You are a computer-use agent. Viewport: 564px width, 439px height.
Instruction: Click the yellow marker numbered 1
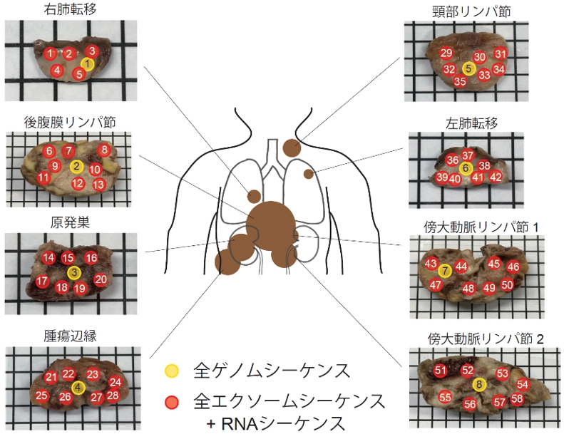click(x=86, y=63)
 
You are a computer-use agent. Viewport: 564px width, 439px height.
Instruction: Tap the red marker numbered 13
click(x=99, y=185)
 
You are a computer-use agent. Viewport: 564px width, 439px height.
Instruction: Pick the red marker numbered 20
click(x=101, y=279)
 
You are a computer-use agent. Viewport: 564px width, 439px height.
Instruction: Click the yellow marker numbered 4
click(x=78, y=387)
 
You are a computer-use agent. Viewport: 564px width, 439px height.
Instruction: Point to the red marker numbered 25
click(x=42, y=396)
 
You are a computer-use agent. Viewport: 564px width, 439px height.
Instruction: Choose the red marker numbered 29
click(x=446, y=53)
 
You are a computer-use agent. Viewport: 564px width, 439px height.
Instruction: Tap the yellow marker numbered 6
click(x=466, y=168)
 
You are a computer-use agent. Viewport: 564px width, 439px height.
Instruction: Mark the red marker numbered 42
click(x=496, y=177)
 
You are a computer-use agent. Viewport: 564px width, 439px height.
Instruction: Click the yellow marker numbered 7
click(x=445, y=270)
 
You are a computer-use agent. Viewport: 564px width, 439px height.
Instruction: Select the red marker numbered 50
click(x=507, y=285)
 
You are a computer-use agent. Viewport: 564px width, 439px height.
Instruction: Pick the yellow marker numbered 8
click(x=480, y=385)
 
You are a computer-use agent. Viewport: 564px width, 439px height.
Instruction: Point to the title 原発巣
click(x=59, y=222)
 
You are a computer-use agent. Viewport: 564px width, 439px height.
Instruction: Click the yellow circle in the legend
click(x=172, y=371)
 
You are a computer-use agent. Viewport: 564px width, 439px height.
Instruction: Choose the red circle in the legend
click(x=172, y=401)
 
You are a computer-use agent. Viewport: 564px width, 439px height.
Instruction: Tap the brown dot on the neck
click(x=291, y=148)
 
